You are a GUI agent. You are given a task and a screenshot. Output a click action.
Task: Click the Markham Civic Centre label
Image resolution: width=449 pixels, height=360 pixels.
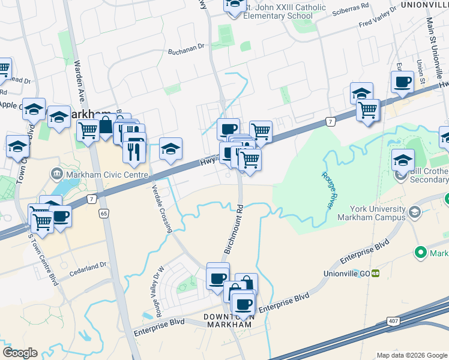click(107, 175)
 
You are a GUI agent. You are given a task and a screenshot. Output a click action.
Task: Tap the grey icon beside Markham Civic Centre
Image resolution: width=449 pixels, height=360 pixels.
click(57, 175)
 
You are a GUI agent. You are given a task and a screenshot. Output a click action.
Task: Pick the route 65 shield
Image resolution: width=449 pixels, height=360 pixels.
click(104, 213)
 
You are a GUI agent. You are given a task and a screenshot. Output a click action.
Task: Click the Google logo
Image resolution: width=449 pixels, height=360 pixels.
click(20, 353)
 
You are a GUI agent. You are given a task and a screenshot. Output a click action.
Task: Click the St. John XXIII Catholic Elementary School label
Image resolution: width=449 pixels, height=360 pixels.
click(285, 11)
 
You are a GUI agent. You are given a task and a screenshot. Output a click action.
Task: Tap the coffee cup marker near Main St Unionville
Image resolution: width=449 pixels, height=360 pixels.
click(402, 82)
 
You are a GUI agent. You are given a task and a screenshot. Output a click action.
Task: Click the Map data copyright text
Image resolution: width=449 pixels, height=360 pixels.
click(412, 355)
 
